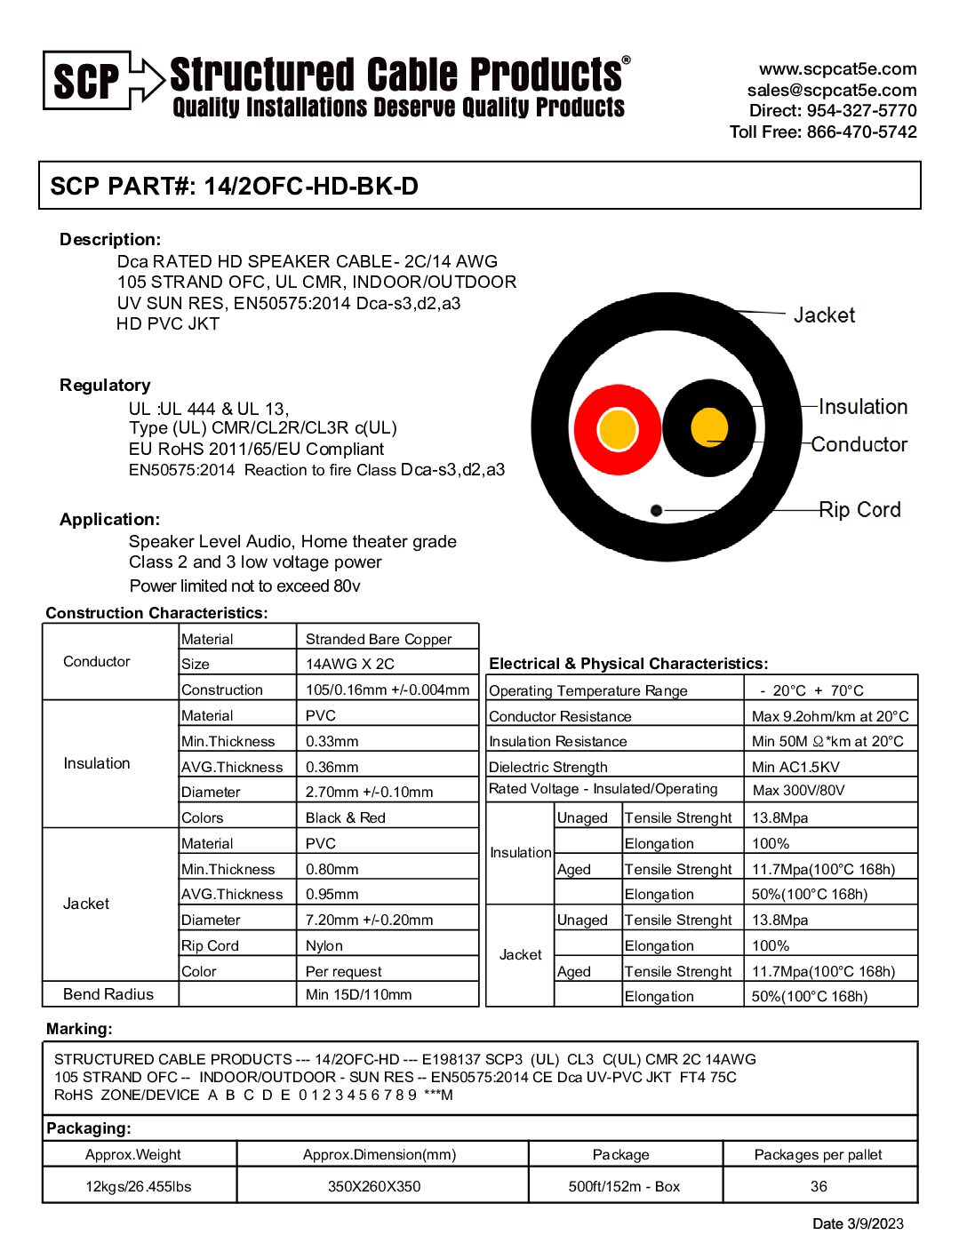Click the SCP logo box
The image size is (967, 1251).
pos(86,81)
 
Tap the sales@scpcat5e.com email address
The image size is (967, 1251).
pos(831,90)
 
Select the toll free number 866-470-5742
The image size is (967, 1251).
pos(861,131)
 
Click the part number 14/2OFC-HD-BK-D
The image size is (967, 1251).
pos(311,187)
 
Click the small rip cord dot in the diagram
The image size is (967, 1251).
pos(656,510)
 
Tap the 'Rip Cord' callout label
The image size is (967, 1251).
pos(859,510)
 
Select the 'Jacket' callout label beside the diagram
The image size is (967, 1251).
pos(824,315)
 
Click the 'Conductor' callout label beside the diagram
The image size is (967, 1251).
pos(859,444)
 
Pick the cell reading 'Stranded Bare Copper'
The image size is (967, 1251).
pos(379,639)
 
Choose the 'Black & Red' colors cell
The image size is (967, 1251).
pos(346,817)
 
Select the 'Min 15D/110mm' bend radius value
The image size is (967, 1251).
pos(359,994)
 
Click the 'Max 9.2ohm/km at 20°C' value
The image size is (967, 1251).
pos(830,716)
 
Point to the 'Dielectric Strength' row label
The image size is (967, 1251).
pos(548,767)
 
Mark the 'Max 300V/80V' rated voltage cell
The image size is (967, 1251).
pos(798,790)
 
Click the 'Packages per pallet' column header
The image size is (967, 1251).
pos(818,1154)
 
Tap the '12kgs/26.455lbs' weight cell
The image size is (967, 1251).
pos(139,1186)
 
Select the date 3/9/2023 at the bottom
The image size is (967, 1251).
pos(858,1223)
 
